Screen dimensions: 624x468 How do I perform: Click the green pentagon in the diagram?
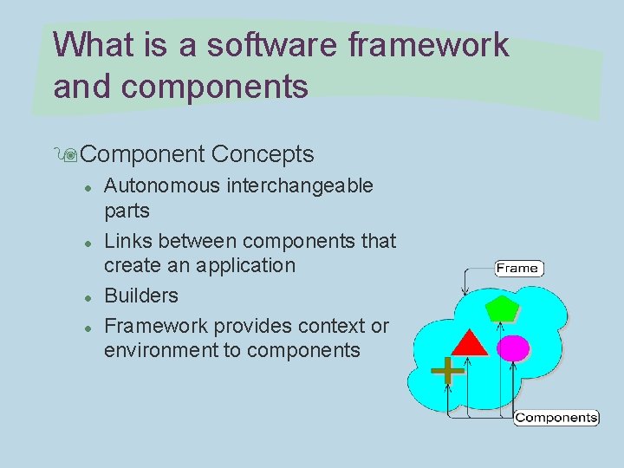(x=501, y=308)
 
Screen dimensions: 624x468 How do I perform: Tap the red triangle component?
(x=470, y=343)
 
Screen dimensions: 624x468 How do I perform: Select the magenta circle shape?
(x=513, y=348)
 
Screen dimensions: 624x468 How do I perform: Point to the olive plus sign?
(x=447, y=371)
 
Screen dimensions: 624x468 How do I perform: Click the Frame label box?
(x=517, y=268)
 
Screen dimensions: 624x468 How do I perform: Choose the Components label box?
(x=556, y=418)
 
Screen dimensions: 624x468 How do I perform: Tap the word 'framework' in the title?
(x=428, y=45)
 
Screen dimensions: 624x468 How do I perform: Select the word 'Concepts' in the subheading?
(x=262, y=154)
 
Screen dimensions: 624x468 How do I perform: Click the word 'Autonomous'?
(x=159, y=185)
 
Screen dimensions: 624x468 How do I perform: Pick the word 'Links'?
(x=127, y=240)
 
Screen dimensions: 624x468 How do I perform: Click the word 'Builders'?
(x=141, y=296)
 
